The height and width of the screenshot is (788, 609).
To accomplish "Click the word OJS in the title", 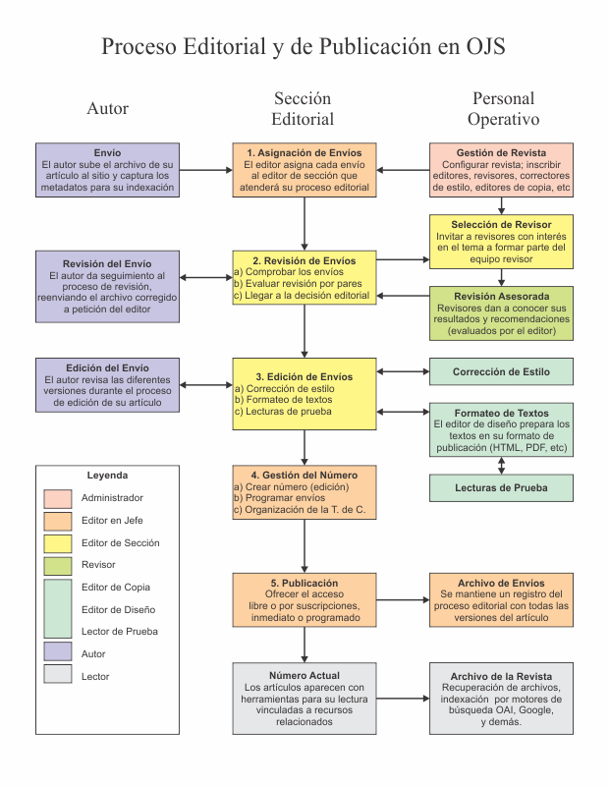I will coord(483,46).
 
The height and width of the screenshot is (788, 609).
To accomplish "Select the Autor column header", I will coord(107,108).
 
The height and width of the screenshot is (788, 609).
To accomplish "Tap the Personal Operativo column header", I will coord(502,109).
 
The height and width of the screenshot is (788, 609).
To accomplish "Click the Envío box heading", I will coord(107,153).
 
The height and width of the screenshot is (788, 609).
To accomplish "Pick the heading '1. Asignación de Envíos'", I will coord(304,153).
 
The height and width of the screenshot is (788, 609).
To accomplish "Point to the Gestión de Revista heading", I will coord(501,153).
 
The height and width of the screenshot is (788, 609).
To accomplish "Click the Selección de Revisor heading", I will coord(501,225).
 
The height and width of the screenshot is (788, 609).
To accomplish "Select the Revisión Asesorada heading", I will coord(501,296).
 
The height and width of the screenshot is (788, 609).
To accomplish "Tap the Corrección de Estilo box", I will coord(501,371).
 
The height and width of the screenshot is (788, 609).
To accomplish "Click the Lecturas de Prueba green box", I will coord(501,486).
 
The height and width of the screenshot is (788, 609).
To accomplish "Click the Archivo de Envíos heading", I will coord(501,583).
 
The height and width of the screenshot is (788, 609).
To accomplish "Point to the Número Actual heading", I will coord(304,676).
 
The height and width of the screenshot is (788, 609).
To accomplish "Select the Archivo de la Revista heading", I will coord(501,677).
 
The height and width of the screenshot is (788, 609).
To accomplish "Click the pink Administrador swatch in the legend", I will coord(57,498).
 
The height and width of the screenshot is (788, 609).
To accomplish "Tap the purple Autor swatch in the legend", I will coord(57,653).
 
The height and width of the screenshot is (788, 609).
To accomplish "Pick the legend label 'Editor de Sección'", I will coord(120,542).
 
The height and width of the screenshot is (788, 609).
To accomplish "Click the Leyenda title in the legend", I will coord(107,475).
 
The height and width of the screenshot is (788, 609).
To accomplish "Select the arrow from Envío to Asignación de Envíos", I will coord(205,170).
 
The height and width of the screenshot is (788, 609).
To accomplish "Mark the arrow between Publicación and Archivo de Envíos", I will coord(403,597).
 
